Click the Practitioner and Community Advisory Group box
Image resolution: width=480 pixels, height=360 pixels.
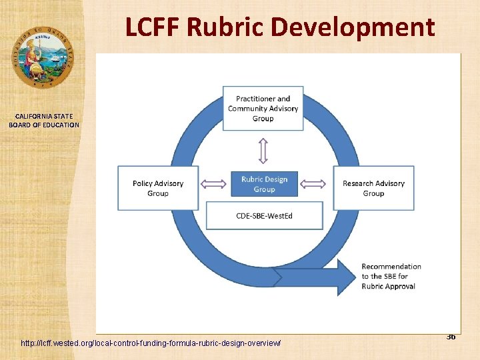coord(263,109)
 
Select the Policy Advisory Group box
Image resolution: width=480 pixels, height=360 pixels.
coord(158,188)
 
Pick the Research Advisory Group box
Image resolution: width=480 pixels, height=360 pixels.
coord(373,188)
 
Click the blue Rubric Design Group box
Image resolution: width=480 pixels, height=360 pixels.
coord(264,184)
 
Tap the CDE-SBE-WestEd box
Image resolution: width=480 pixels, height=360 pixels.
coord(265,215)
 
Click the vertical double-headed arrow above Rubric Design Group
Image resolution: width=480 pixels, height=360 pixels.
coord(263,151)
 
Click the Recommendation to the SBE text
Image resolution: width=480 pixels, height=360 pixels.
coord(391,276)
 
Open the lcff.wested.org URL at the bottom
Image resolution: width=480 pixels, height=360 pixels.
coord(151,343)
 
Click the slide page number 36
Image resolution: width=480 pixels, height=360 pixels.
coord(451,337)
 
